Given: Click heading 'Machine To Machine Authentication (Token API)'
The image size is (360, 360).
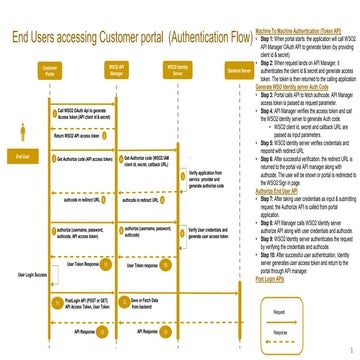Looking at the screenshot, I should tap(290, 32).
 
